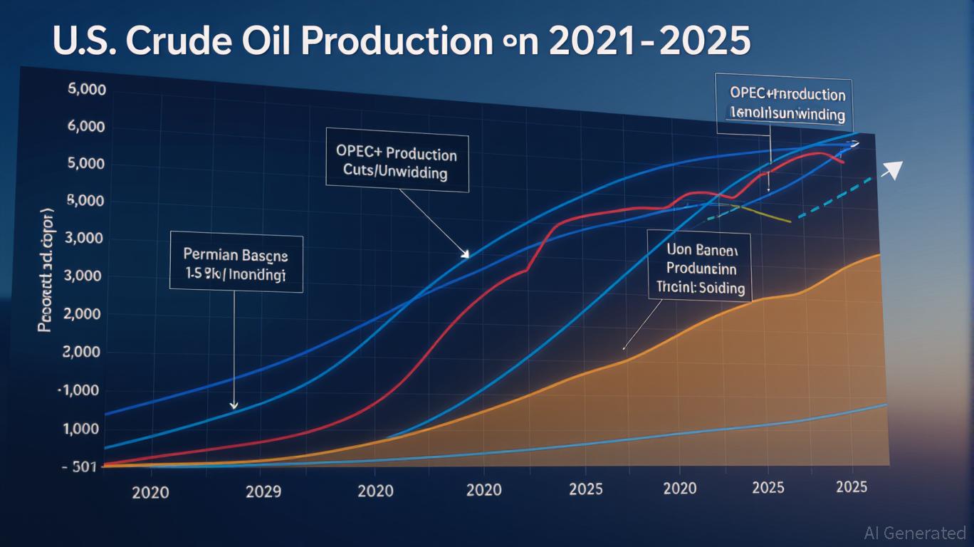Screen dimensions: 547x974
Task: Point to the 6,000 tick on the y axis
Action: (85, 127)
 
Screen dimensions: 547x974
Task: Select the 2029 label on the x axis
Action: (263, 491)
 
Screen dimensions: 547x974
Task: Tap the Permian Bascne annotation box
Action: (236, 264)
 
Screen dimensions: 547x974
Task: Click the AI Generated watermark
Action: (914, 533)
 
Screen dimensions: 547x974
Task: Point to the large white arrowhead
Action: (892, 170)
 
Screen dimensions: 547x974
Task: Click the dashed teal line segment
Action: (833, 199)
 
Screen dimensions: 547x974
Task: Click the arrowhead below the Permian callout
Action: (234, 405)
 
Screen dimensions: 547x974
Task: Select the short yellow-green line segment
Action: (765, 214)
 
